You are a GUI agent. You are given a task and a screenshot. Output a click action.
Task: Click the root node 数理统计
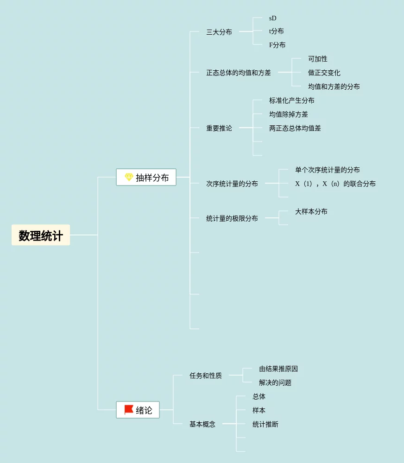coord(41,235)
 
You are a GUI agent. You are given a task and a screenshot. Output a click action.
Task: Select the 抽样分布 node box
coord(146,177)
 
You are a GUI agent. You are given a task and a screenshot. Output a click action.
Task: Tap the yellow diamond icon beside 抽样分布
coord(129,177)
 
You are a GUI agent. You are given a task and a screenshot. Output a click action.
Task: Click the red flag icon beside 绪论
coord(129,410)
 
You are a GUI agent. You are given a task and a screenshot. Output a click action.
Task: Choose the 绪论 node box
coord(138,410)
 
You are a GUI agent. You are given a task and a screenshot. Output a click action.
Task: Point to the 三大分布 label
coord(219,32)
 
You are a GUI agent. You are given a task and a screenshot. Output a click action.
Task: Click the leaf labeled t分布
coord(277,31)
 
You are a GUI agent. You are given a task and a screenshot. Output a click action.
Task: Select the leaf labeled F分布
coord(278,45)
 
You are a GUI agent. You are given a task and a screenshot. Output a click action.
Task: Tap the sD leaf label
coord(273,18)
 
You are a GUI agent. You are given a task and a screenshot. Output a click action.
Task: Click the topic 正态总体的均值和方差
coord(239,73)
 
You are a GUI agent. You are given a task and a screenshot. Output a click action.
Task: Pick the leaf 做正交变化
coord(324,73)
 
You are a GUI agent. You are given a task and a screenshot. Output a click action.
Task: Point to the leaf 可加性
coord(318,59)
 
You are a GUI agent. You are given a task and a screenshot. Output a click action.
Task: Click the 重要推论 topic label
coord(219,128)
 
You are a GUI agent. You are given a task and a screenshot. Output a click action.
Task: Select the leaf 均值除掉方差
coord(289,114)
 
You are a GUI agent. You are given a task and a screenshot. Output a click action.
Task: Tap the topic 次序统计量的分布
coord(232,184)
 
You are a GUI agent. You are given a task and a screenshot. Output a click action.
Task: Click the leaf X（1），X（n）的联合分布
coord(335,184)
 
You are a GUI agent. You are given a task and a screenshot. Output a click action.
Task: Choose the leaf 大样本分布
coord(311,211)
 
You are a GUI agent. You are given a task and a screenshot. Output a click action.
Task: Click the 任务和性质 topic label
coord(206,376)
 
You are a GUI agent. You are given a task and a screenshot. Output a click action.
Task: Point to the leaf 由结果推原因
coord(278,369)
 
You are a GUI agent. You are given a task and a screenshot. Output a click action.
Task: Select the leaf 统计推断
coord(265,424)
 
